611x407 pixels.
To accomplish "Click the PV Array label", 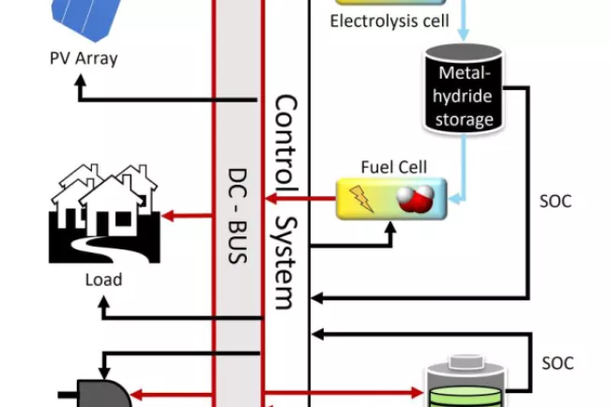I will pyautogui.click(x=84, y=58).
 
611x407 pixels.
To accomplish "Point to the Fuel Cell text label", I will pyautogui.click(x=393, y=167).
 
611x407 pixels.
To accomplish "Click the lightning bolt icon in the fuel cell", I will pyautogui.click(x=362, y=198).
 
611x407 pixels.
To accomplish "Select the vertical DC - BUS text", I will pyautogui.click(x=237, y=215).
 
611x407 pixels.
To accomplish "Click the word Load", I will pyautogui.click(x=103, y=279).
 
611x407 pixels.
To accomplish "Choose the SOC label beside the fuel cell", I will pyautogui.click(x=557, y=201).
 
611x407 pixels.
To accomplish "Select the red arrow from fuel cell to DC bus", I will pyautogui.click(x=301, y=198).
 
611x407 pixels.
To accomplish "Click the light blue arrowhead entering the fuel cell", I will pyautogui.click(x=454, y=198).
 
